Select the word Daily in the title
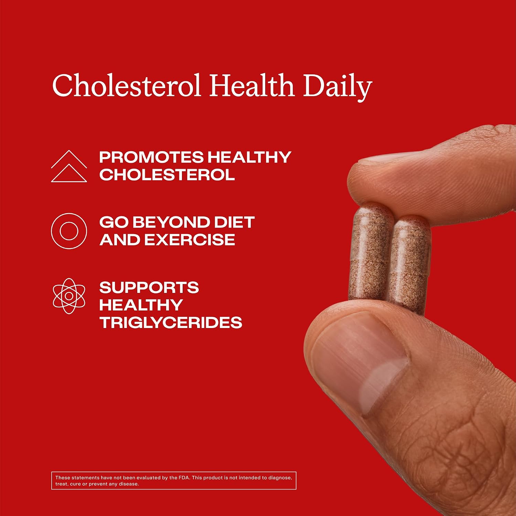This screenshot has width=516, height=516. click(x=337, y=87)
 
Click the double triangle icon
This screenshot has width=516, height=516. click(x=69, y=166)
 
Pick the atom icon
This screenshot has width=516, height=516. click(x=69, y=296)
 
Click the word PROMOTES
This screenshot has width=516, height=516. click(x=151, y=157)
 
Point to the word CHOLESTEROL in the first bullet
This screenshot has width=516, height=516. click(x=167, y=175)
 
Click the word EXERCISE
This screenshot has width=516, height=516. click(x=190, y=240)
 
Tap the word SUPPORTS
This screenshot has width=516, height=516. click(x=149, y=288)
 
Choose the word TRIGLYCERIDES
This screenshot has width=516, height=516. click(x=171, y=323)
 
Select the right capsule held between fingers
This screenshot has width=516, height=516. click(x=409, y=265)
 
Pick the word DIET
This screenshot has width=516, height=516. click(x=234, y=222)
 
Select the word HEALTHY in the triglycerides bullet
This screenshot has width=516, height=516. click(x=141, y=305)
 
